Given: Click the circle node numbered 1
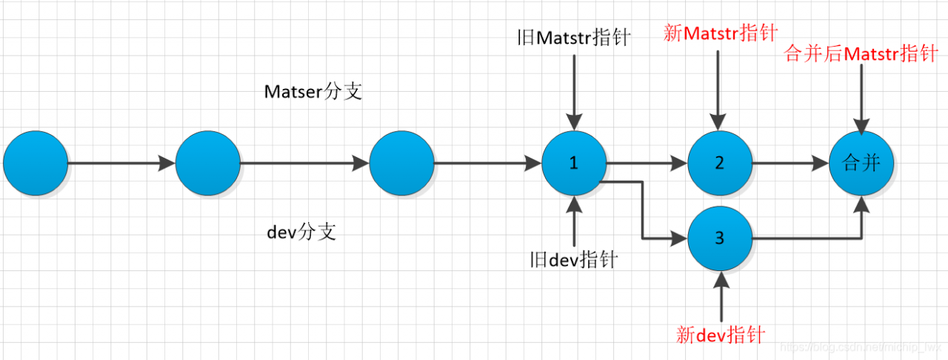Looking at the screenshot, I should coord(573,163).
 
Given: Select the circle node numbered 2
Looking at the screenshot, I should coord(719,163).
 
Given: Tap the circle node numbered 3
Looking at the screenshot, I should coord(719,239).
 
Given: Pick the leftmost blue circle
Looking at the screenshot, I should coord(35,163).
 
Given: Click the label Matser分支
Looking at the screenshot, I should coord(313,93).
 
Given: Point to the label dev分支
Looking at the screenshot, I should coord(301,232).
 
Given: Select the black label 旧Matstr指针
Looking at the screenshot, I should coord(574,38).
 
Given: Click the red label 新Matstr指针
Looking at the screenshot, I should coord(721,33).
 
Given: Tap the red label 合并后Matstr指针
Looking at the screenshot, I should coord(860,54).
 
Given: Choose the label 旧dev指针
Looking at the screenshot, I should coord(574,259).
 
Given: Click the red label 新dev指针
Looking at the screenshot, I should coord(720,334).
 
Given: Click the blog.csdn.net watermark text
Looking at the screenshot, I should coord(862,347).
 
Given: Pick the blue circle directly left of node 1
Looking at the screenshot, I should coord(401,163).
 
